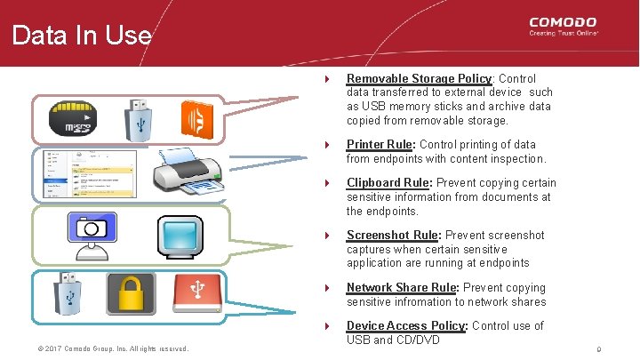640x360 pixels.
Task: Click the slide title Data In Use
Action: tap(82, 36)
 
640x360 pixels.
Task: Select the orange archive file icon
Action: tap(196, 118)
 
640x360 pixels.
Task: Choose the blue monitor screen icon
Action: tap(180, 235)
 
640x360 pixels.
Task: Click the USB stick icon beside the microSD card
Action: tap(140, 117)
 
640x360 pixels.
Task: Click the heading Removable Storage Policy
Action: tap(419, 78)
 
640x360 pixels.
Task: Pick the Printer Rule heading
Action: tap(380, 144)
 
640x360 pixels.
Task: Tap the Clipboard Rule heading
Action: tap(388, 183)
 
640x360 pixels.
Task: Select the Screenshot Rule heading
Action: tap(392, 235)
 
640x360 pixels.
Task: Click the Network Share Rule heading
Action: tap(402, 287)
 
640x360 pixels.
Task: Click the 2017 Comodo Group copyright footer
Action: tap(106, 348)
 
